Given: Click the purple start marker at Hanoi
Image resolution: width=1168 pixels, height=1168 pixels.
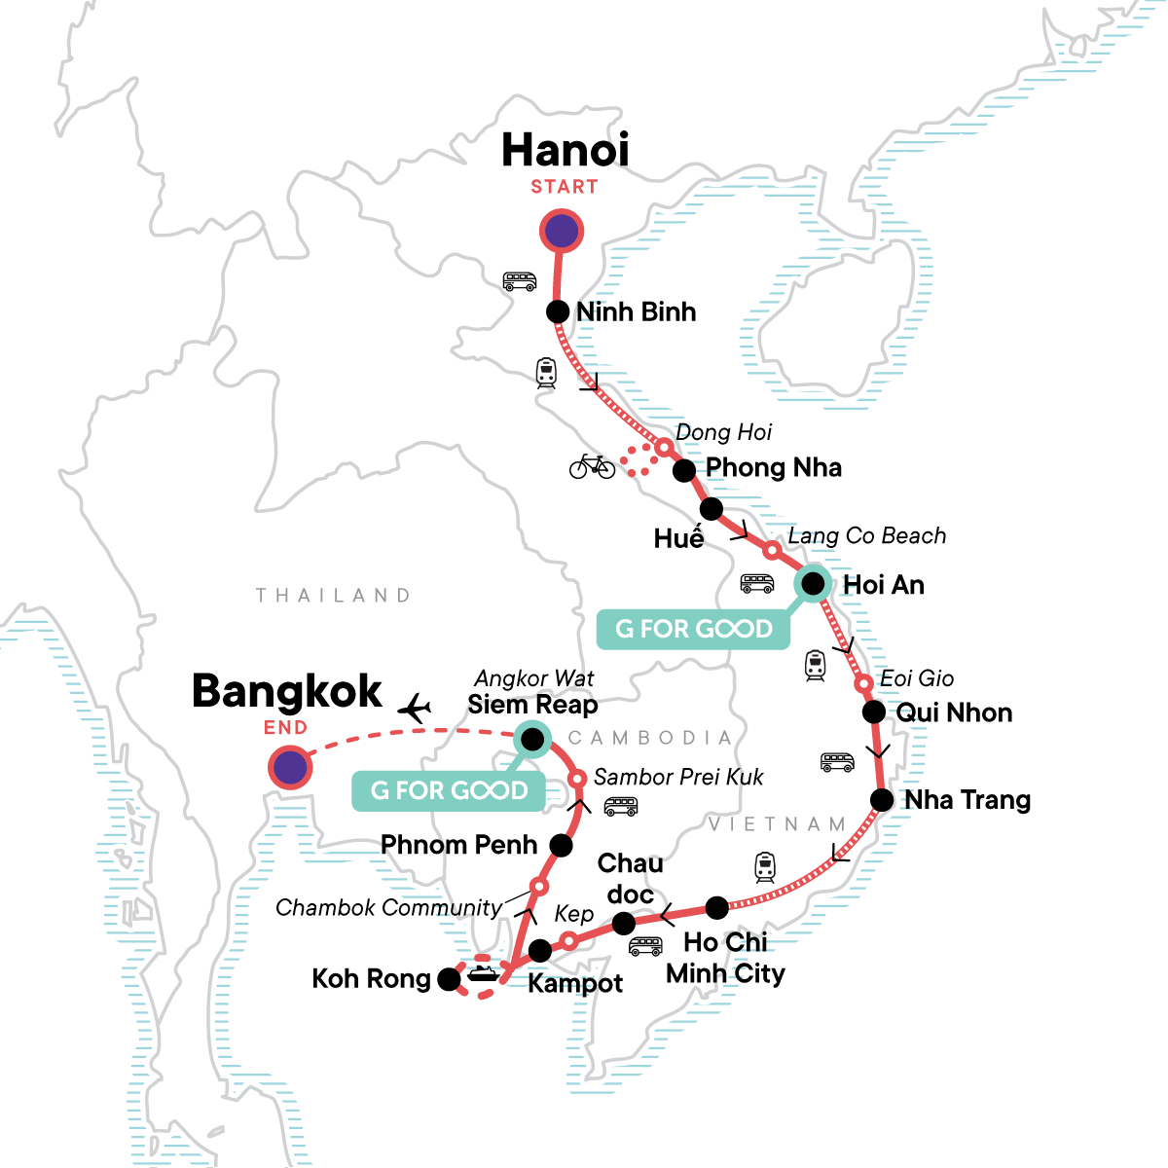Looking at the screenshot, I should click(562, 232).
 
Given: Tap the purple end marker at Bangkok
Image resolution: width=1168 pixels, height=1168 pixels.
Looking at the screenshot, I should click(290, 768).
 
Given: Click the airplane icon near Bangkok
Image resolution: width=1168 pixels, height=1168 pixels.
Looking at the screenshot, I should click(415, 709).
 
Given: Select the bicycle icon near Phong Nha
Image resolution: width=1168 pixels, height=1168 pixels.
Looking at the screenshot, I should click(592, 466).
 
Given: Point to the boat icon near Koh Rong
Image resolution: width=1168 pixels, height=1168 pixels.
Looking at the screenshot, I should click(484, 972).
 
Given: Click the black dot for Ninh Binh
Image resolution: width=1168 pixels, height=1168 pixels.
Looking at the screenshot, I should click(558, 311).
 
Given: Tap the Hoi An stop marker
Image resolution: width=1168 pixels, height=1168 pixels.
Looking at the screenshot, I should click(813, 584).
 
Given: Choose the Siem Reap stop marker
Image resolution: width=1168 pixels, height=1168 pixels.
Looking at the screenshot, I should click(532, 740).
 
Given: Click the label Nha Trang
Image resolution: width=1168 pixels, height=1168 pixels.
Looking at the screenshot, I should click(967, 800).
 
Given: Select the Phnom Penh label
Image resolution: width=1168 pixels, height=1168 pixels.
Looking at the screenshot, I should click(458, 845).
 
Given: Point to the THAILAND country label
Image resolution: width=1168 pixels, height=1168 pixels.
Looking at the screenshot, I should click(333, 596).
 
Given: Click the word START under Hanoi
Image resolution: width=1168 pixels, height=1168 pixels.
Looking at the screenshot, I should click(565, 187).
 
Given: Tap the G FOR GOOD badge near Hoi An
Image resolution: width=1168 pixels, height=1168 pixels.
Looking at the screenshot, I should click(693, 629).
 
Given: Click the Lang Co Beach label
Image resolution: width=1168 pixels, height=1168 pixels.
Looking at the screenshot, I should click(866, 535).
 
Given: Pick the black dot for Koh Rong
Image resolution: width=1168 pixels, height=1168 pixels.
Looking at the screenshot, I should click(449, 979).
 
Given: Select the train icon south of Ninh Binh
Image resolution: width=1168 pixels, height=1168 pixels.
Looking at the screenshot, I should click(546, 373).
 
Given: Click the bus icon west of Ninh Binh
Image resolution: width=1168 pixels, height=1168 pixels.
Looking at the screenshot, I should click(520, 281).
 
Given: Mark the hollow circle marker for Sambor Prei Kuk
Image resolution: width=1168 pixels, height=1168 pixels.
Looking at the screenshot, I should click(577, 779).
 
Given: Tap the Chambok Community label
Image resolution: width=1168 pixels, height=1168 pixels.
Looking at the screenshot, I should click(388, 908).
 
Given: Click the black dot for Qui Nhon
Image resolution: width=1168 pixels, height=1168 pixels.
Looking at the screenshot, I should click(874, 712).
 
